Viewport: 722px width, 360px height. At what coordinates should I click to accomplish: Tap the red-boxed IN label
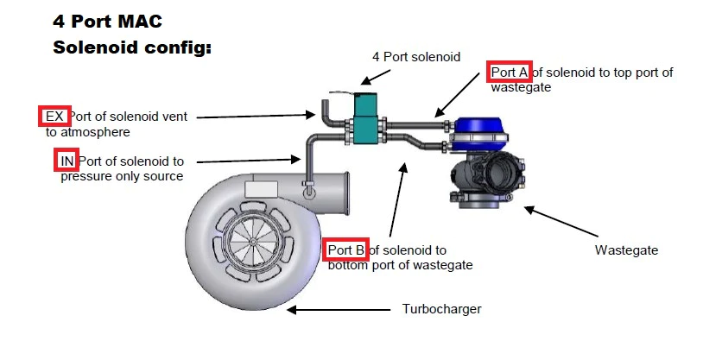66,161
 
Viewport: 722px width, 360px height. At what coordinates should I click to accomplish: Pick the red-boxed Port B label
347,250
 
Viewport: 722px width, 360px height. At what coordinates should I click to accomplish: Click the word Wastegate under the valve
626,251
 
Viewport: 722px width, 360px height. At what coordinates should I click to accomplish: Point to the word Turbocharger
441,309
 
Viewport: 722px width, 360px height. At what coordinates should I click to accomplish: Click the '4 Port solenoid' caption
416,57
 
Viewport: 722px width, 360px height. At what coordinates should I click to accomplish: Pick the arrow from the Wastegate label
561,221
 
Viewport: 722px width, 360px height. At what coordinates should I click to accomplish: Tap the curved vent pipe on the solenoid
327,113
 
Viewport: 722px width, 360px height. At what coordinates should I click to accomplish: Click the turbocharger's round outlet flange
343,194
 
